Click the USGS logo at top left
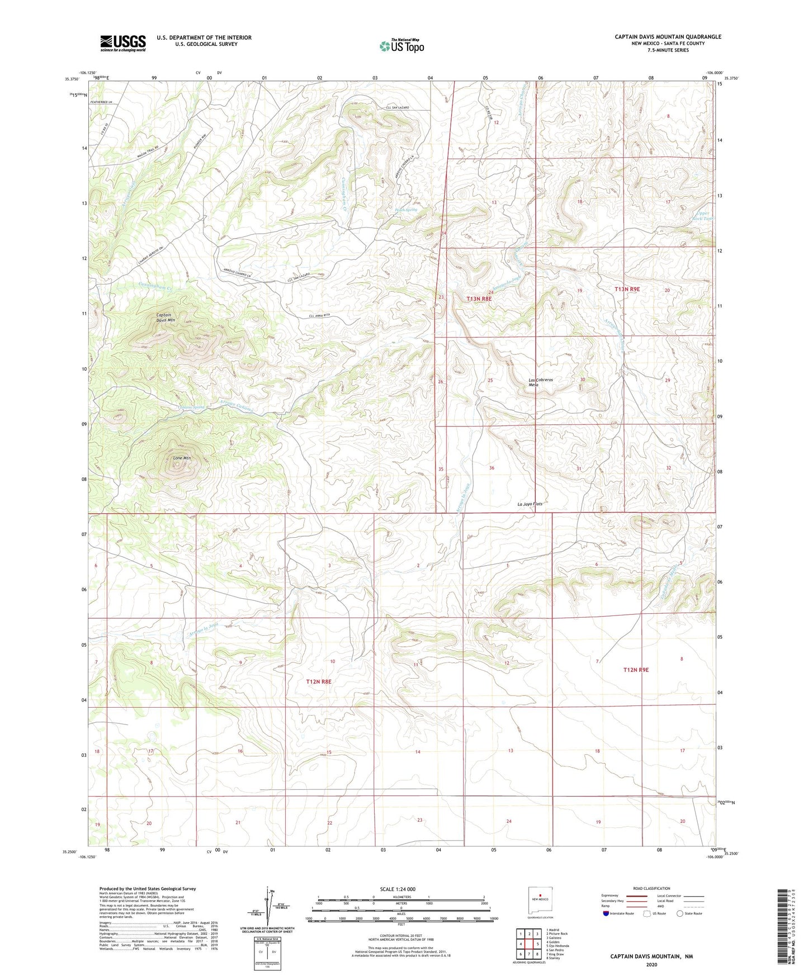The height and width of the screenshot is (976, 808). [x=123, y=43]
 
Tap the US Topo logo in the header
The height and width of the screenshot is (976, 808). [x=401, y=46]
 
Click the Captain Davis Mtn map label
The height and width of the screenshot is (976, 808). [x=165, y=318]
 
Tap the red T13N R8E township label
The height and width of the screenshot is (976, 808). [x=479, y=299]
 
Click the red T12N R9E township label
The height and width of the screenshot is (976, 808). [x=636, y=669]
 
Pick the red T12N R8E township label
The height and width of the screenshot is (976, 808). [x=319, y=681]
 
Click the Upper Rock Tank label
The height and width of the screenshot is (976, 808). [x=704, y=216]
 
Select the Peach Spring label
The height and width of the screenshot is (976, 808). [x=406, y=210]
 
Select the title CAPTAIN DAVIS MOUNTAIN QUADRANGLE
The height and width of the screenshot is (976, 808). [x=668, y=37]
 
